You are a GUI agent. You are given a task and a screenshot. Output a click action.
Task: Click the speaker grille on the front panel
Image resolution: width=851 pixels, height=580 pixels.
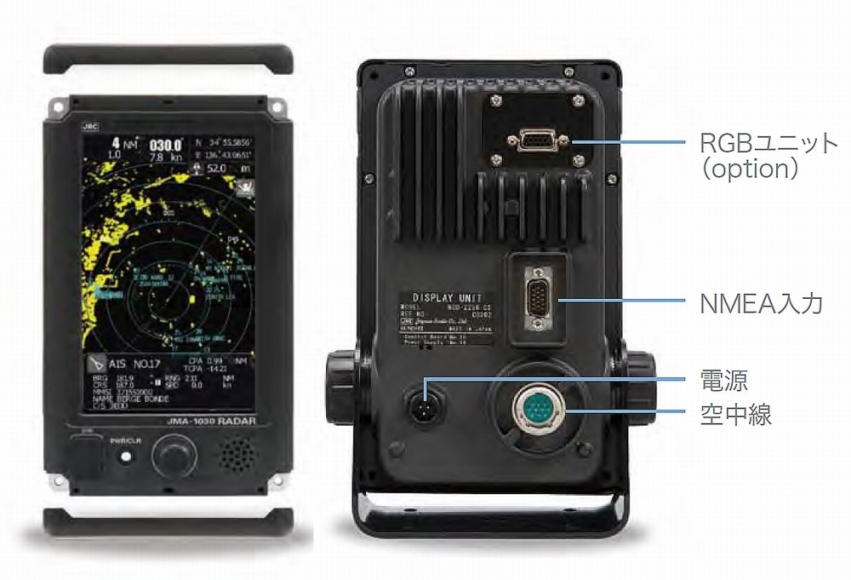click(x=238, y=456)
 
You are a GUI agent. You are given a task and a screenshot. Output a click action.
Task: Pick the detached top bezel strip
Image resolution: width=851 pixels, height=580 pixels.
click(x=170, y=60)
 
